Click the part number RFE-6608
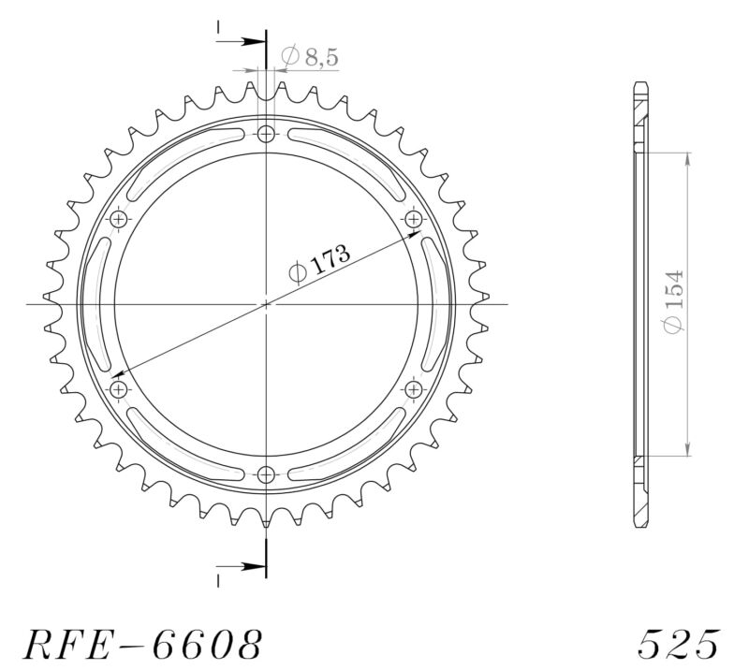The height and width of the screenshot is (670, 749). [x=140, y=646]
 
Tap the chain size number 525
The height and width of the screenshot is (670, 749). [x=679, y=646]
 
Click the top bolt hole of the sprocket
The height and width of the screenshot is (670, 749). [x=267, y=134]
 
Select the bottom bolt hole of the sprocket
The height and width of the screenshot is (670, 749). [x=267, y=473]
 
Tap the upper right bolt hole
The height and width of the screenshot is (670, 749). [x=414, y=219]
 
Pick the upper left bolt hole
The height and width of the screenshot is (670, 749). [x=119, y=219]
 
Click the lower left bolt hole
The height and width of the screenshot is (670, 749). [x=119, y=387]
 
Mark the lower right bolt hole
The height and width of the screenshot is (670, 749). [x=414, y=387]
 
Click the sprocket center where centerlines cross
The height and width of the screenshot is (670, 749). [x=267, y=303]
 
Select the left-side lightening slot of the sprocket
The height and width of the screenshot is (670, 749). [x=93, y=303]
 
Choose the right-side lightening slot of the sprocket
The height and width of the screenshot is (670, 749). [x=440, y=303]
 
